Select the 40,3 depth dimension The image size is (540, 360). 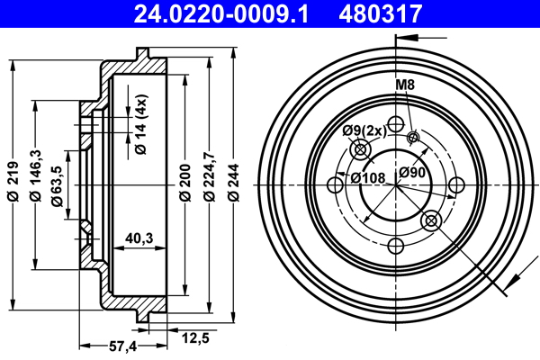[138, 238]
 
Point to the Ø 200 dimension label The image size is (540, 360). [184, 185]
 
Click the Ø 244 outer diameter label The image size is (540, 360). [233, 185]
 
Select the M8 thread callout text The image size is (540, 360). [405, 85]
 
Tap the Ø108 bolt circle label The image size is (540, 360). [367, 176]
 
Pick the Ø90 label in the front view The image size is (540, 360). [412, 173]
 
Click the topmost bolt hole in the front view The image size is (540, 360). [394, 125]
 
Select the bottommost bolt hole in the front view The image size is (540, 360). [394, 246]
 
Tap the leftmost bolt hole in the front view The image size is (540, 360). [334, 185]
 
